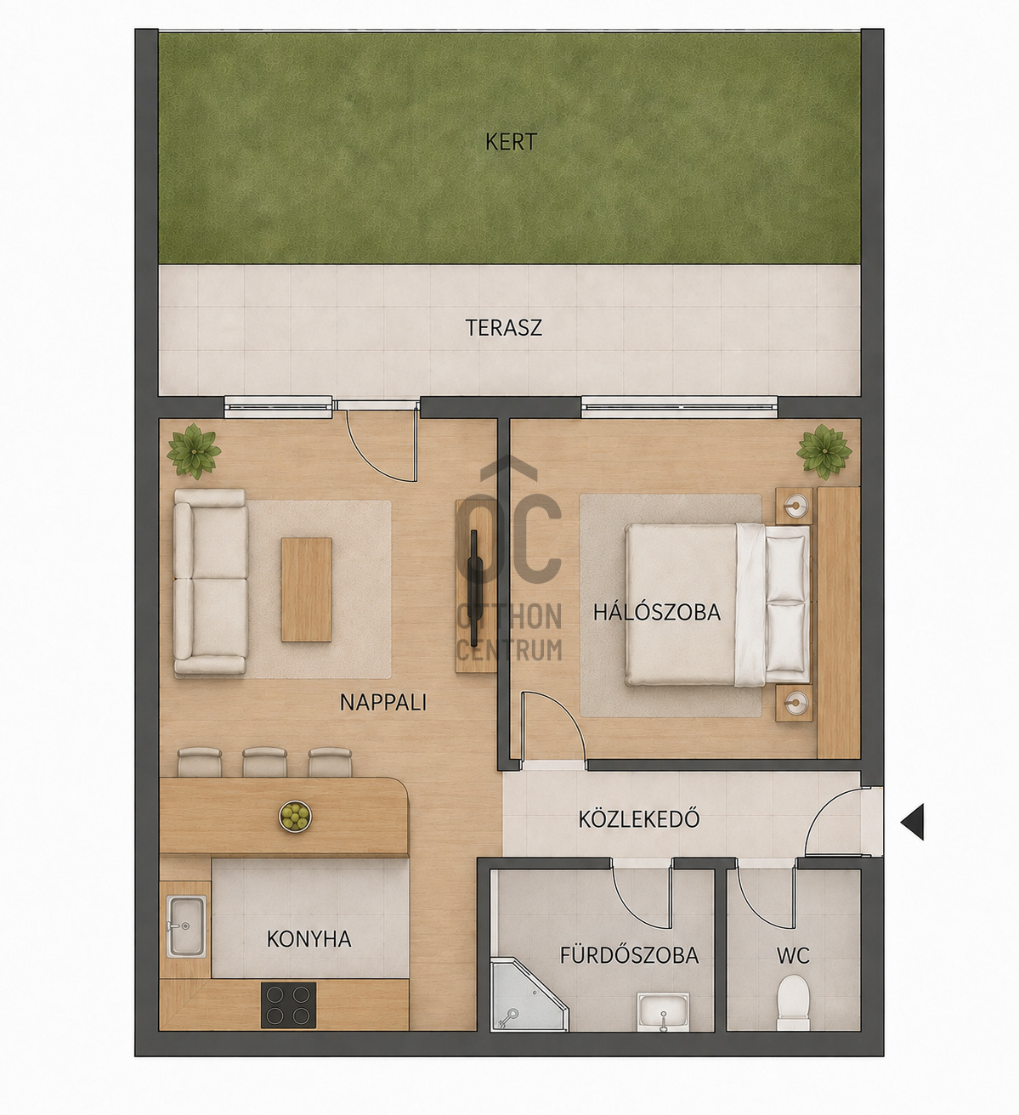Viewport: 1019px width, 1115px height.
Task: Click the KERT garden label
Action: click(x=511, y=142)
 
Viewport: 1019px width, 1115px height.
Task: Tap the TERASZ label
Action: click(x=503, y=328)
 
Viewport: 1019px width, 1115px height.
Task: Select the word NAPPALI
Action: click(x=383, y=703)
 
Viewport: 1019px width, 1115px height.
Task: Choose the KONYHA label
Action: click(x=309, y=939)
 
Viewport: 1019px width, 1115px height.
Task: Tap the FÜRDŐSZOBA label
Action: click(x=629, y=954)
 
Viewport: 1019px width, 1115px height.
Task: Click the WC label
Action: click(x=793, y=956)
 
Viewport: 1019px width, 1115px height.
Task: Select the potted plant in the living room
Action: click(x=194, y=450)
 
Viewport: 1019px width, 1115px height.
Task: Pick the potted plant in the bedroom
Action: click(x=824, y=451)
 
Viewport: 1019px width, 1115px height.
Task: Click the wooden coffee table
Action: click(x=306, y=590)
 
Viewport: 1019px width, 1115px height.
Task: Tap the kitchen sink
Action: click(x=186, y=926)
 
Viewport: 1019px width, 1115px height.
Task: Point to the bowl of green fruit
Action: click(x=295, y=817)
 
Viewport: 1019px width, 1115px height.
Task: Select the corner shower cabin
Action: click(x=529, y=993)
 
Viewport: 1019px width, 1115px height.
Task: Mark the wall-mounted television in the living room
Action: click(x=474, y=588)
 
